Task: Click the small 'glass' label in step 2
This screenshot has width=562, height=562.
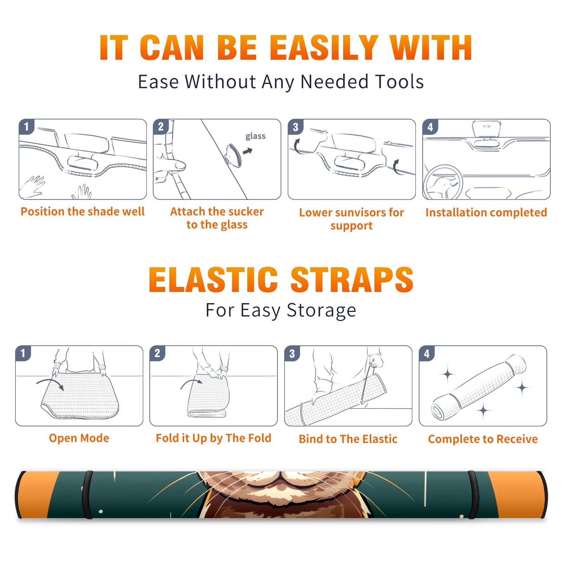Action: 255,136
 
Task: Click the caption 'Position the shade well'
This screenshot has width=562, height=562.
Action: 83,211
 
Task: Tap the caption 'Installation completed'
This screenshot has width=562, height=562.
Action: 486,213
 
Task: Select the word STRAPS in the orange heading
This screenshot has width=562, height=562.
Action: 352,280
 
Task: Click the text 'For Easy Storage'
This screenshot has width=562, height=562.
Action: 281,311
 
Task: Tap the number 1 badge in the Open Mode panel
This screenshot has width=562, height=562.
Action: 23,353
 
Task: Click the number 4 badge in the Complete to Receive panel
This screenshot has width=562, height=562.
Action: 427,353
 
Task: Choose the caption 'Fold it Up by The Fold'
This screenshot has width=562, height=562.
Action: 214,438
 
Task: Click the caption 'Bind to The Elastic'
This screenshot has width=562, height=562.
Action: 348,439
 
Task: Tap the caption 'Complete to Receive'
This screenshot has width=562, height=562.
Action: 483,439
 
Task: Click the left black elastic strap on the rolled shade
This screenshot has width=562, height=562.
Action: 87,495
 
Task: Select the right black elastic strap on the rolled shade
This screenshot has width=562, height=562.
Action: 474,495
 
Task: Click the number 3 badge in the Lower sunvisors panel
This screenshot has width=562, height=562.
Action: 295,127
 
